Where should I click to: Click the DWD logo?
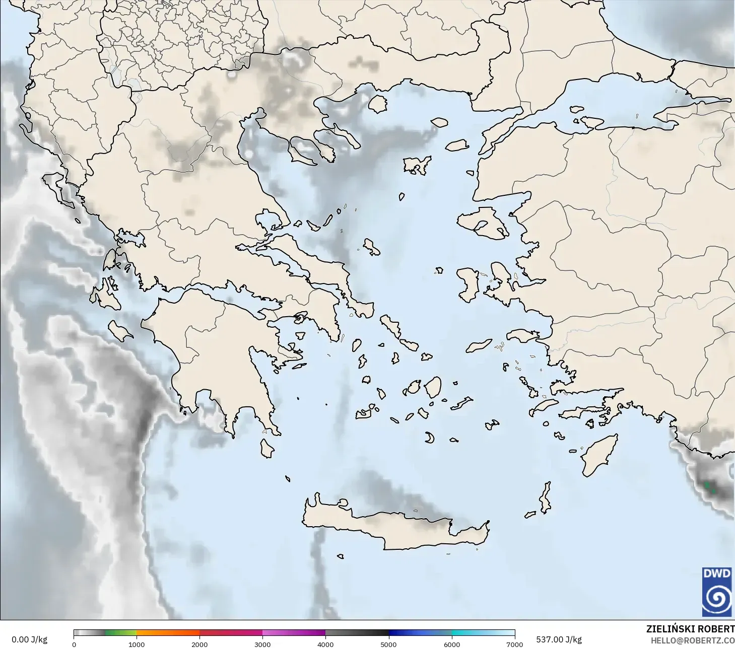point(717,592)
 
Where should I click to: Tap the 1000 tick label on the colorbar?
point(137,644)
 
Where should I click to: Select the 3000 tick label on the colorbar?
point(262,644)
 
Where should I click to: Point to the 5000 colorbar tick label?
point(388,644)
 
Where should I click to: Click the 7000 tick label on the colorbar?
point(514,644)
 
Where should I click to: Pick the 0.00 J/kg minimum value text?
point(29,639)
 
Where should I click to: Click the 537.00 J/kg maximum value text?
point(559,639)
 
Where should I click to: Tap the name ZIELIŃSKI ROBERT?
point(690,629)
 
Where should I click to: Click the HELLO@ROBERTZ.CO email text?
point(693,641)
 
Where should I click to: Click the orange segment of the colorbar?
point(168,633)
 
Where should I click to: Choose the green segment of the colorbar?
point(121,633)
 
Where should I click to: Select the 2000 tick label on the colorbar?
point(199,644)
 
